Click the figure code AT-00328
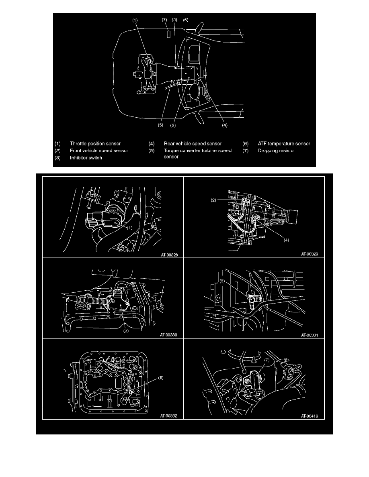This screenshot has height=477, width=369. pyautogui.click(x=169, y=255)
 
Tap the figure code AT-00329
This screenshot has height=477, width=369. pyautogui.click(x=310, y=254)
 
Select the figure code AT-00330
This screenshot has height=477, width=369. pyautogui.click(x=169, y=335)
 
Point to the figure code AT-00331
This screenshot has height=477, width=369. pyautogui.click(x=310, y=335)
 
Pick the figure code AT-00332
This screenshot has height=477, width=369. pyautogui.click(x=169, y=416)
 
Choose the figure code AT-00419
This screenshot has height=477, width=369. pyautogui.click(x=310, y=416)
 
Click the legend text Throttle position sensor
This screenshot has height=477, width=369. pyautogui.click(x=95, y=144)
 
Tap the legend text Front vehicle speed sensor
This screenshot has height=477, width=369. pyautogui.click(x=99, y=151)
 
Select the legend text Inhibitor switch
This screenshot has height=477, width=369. pyautogui.click(x=86, y=157)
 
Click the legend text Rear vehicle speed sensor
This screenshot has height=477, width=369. pyautogui.click(x=193, y=144)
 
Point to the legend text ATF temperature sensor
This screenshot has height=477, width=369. pyautogui.click(x=284, y=144)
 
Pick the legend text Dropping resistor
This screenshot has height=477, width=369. pyautogui.click(x=277, y=151)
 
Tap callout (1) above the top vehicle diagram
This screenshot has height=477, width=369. pyautogui.click(x=135, y=20)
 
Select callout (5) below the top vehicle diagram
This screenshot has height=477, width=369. pyautogui.click(x=160, y=125)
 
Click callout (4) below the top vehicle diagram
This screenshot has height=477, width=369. pyautogui.click(x=225, y=125)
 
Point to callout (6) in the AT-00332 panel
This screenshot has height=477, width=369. pyautogui.click(x=161, y=378)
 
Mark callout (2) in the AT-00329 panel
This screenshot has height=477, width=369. pyautogui.click(x=213, y=200)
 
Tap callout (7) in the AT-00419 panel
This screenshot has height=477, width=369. pyautogui.click(x=267, y=360)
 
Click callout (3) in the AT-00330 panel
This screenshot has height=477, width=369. pyautogui.click(x=126, y=331)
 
